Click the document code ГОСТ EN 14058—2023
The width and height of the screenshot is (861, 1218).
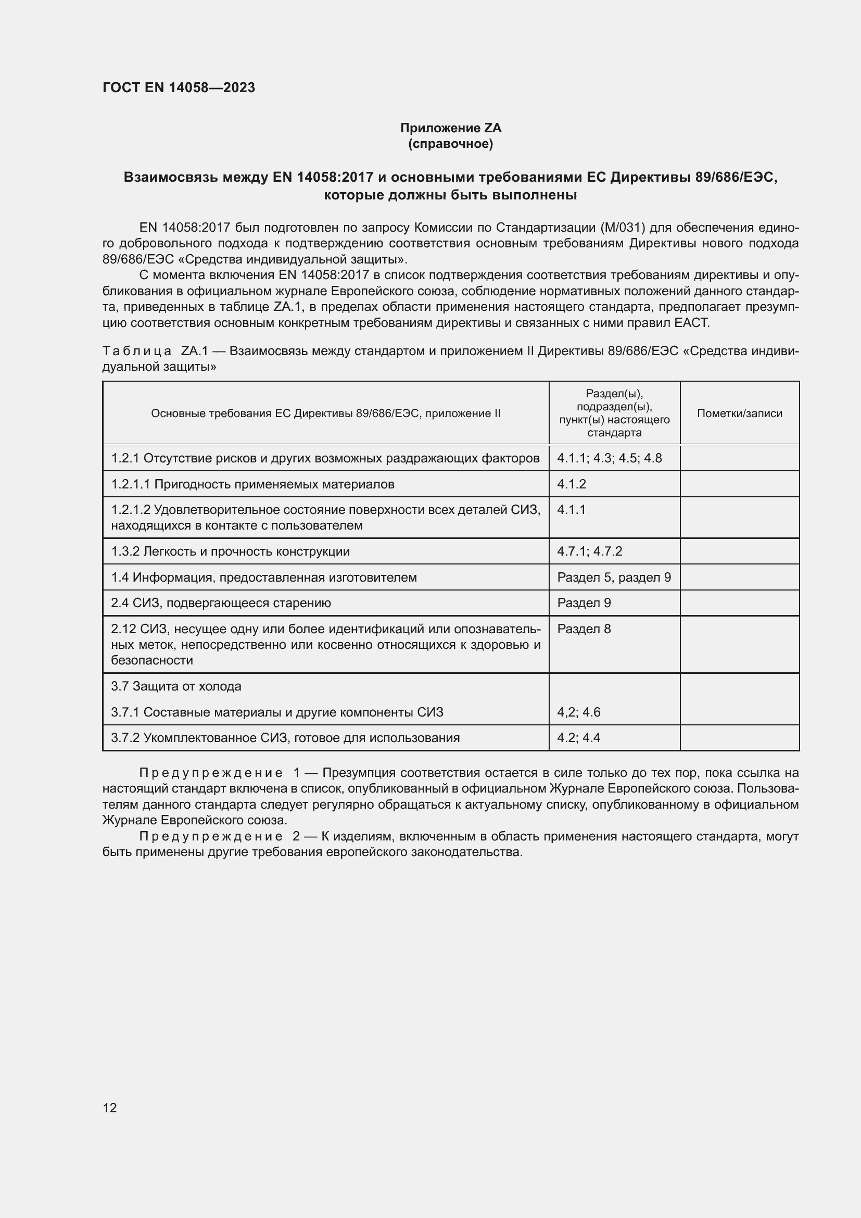coord(179,87)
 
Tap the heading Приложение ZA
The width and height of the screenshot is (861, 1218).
coord(450,128)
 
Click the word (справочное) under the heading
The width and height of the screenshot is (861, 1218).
coord(450,144)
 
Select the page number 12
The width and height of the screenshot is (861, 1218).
coord(110,1108)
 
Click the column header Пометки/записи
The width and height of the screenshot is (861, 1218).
coord(739,413)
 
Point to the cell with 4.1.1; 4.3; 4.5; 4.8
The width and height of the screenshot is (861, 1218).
coord(609,458)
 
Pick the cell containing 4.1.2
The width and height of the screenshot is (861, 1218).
coord(572,484)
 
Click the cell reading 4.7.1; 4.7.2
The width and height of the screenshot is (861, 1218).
coord(590,551)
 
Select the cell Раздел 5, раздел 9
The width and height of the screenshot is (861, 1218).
coord(613,577)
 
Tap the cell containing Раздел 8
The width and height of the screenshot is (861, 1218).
coord(584,629)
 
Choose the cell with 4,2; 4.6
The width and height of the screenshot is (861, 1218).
coord(578,712)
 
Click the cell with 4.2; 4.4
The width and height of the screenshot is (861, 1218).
coord(578,738)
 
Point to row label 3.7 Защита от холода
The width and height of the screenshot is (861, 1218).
coord(176,686)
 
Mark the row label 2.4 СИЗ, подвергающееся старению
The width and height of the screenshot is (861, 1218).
coord(221,602)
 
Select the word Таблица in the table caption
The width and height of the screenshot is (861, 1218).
coord(137,351)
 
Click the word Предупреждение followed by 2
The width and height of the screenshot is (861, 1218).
coord(210,837)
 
